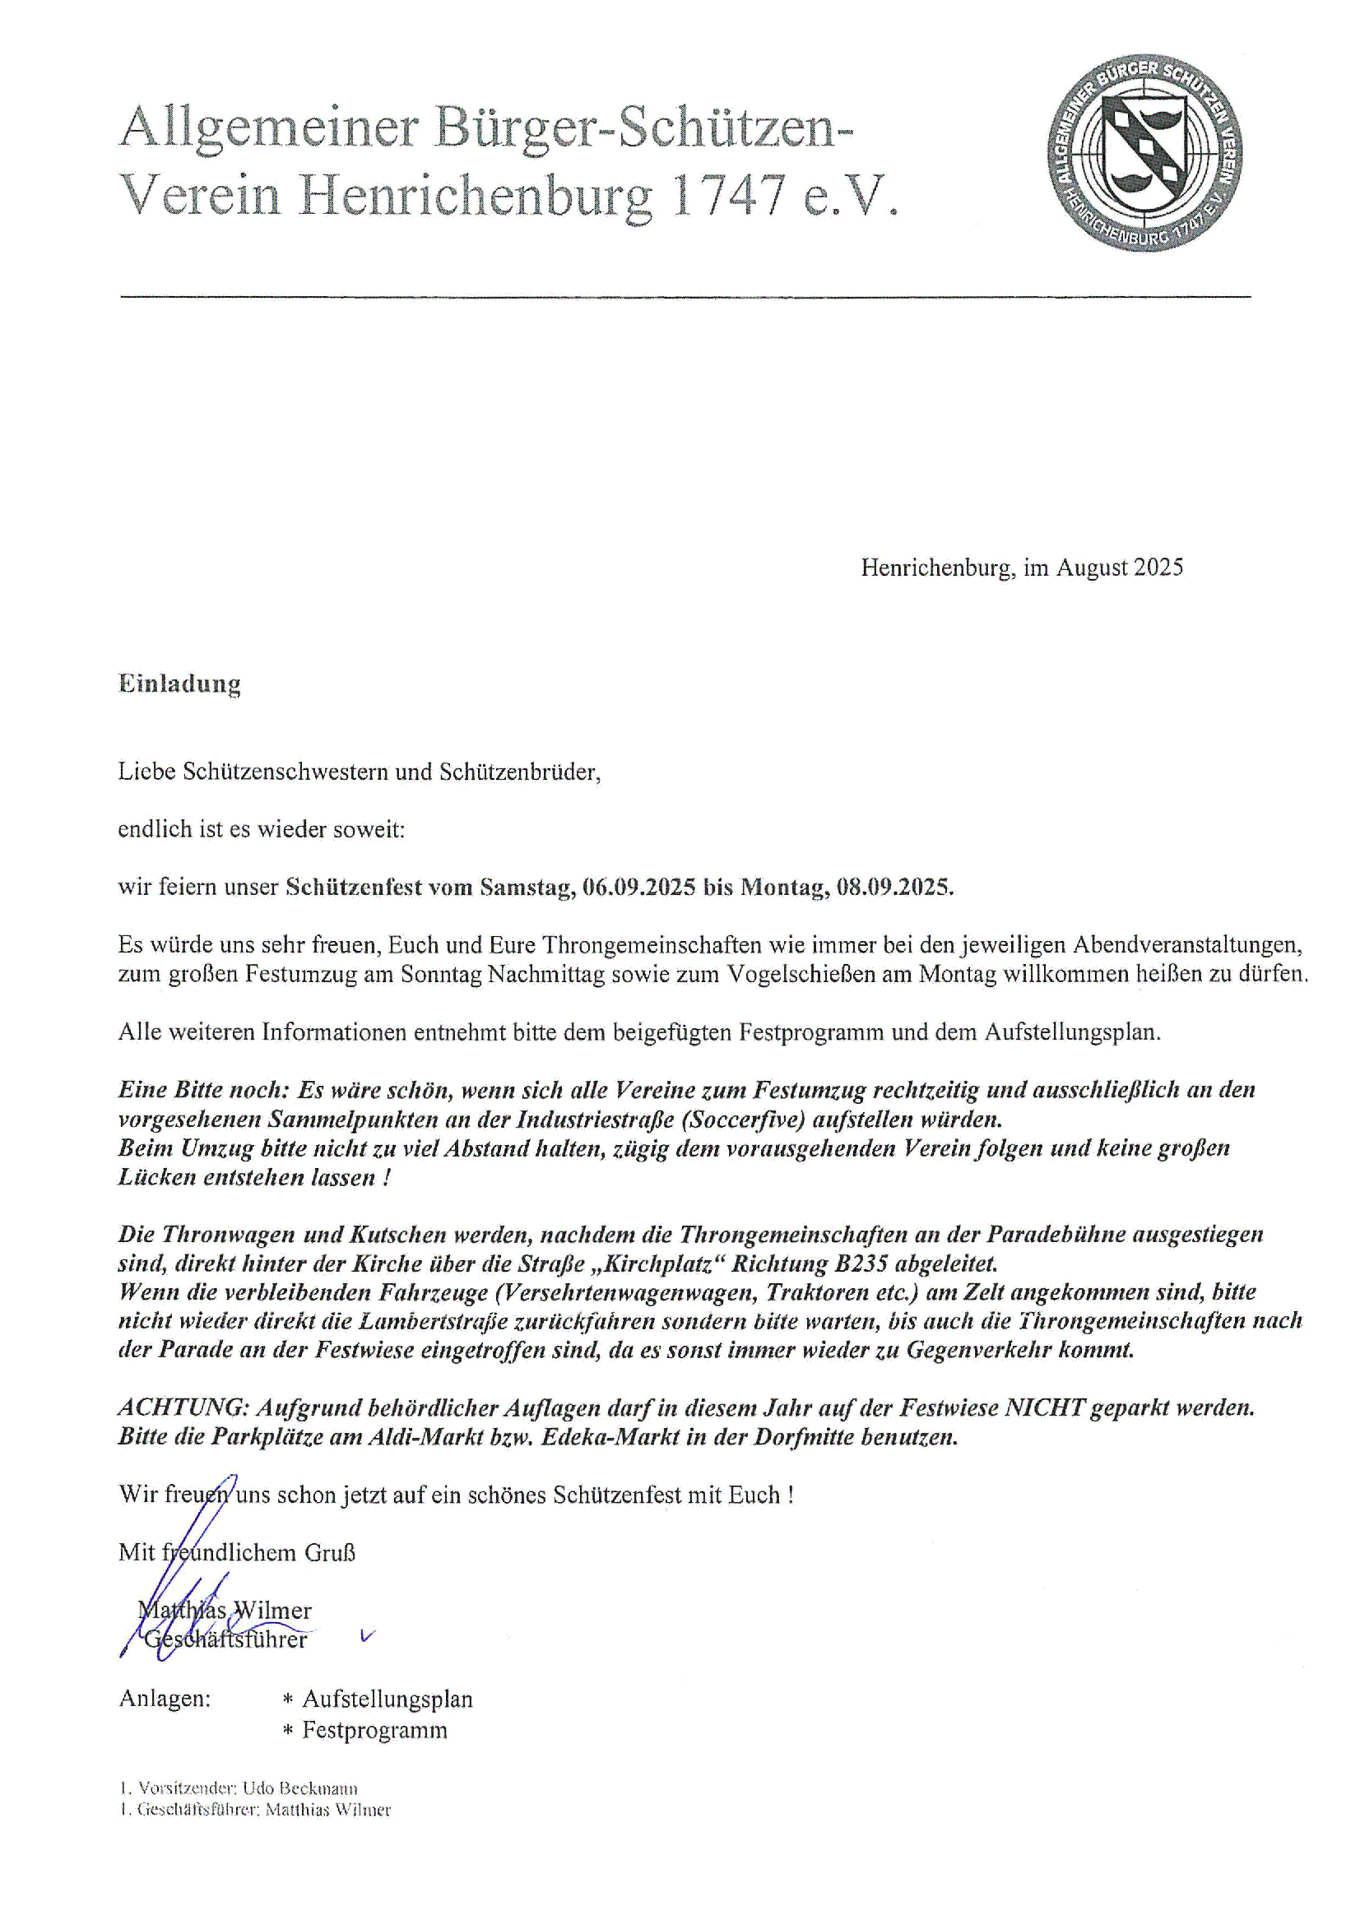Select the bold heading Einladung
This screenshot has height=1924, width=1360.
pyautogui.click(x=179, y=684)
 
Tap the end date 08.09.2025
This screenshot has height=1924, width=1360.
pyautogui.click(x=894, y=887)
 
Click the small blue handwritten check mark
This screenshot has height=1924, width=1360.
pyautogui.click(x=367, y=1635)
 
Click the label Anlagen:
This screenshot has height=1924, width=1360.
pyautogui.click(x=165, y=1698)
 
